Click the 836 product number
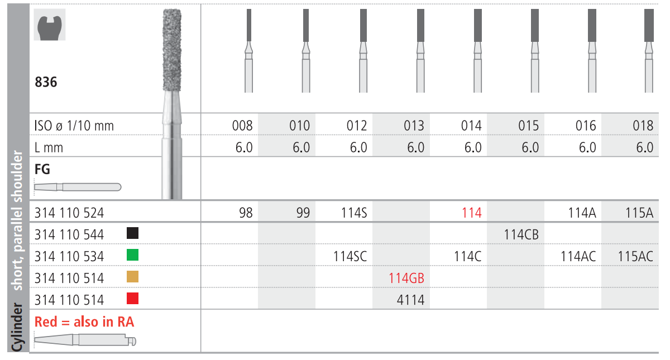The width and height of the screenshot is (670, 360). coord(46,82)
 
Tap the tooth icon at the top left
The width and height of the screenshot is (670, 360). coord(49,25)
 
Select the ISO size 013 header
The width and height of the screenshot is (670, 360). coord(414,126)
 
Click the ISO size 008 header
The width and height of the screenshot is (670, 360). coord(242,126)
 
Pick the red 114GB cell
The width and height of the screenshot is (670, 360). coord(406,278)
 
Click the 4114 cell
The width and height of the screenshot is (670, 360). coord(410,300)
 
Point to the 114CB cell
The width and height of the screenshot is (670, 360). coord(521,235)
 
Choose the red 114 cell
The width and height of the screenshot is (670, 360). coord(472,213)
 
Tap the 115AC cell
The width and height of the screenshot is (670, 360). coord(635,257)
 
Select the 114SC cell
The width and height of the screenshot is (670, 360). coord(350,257)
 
